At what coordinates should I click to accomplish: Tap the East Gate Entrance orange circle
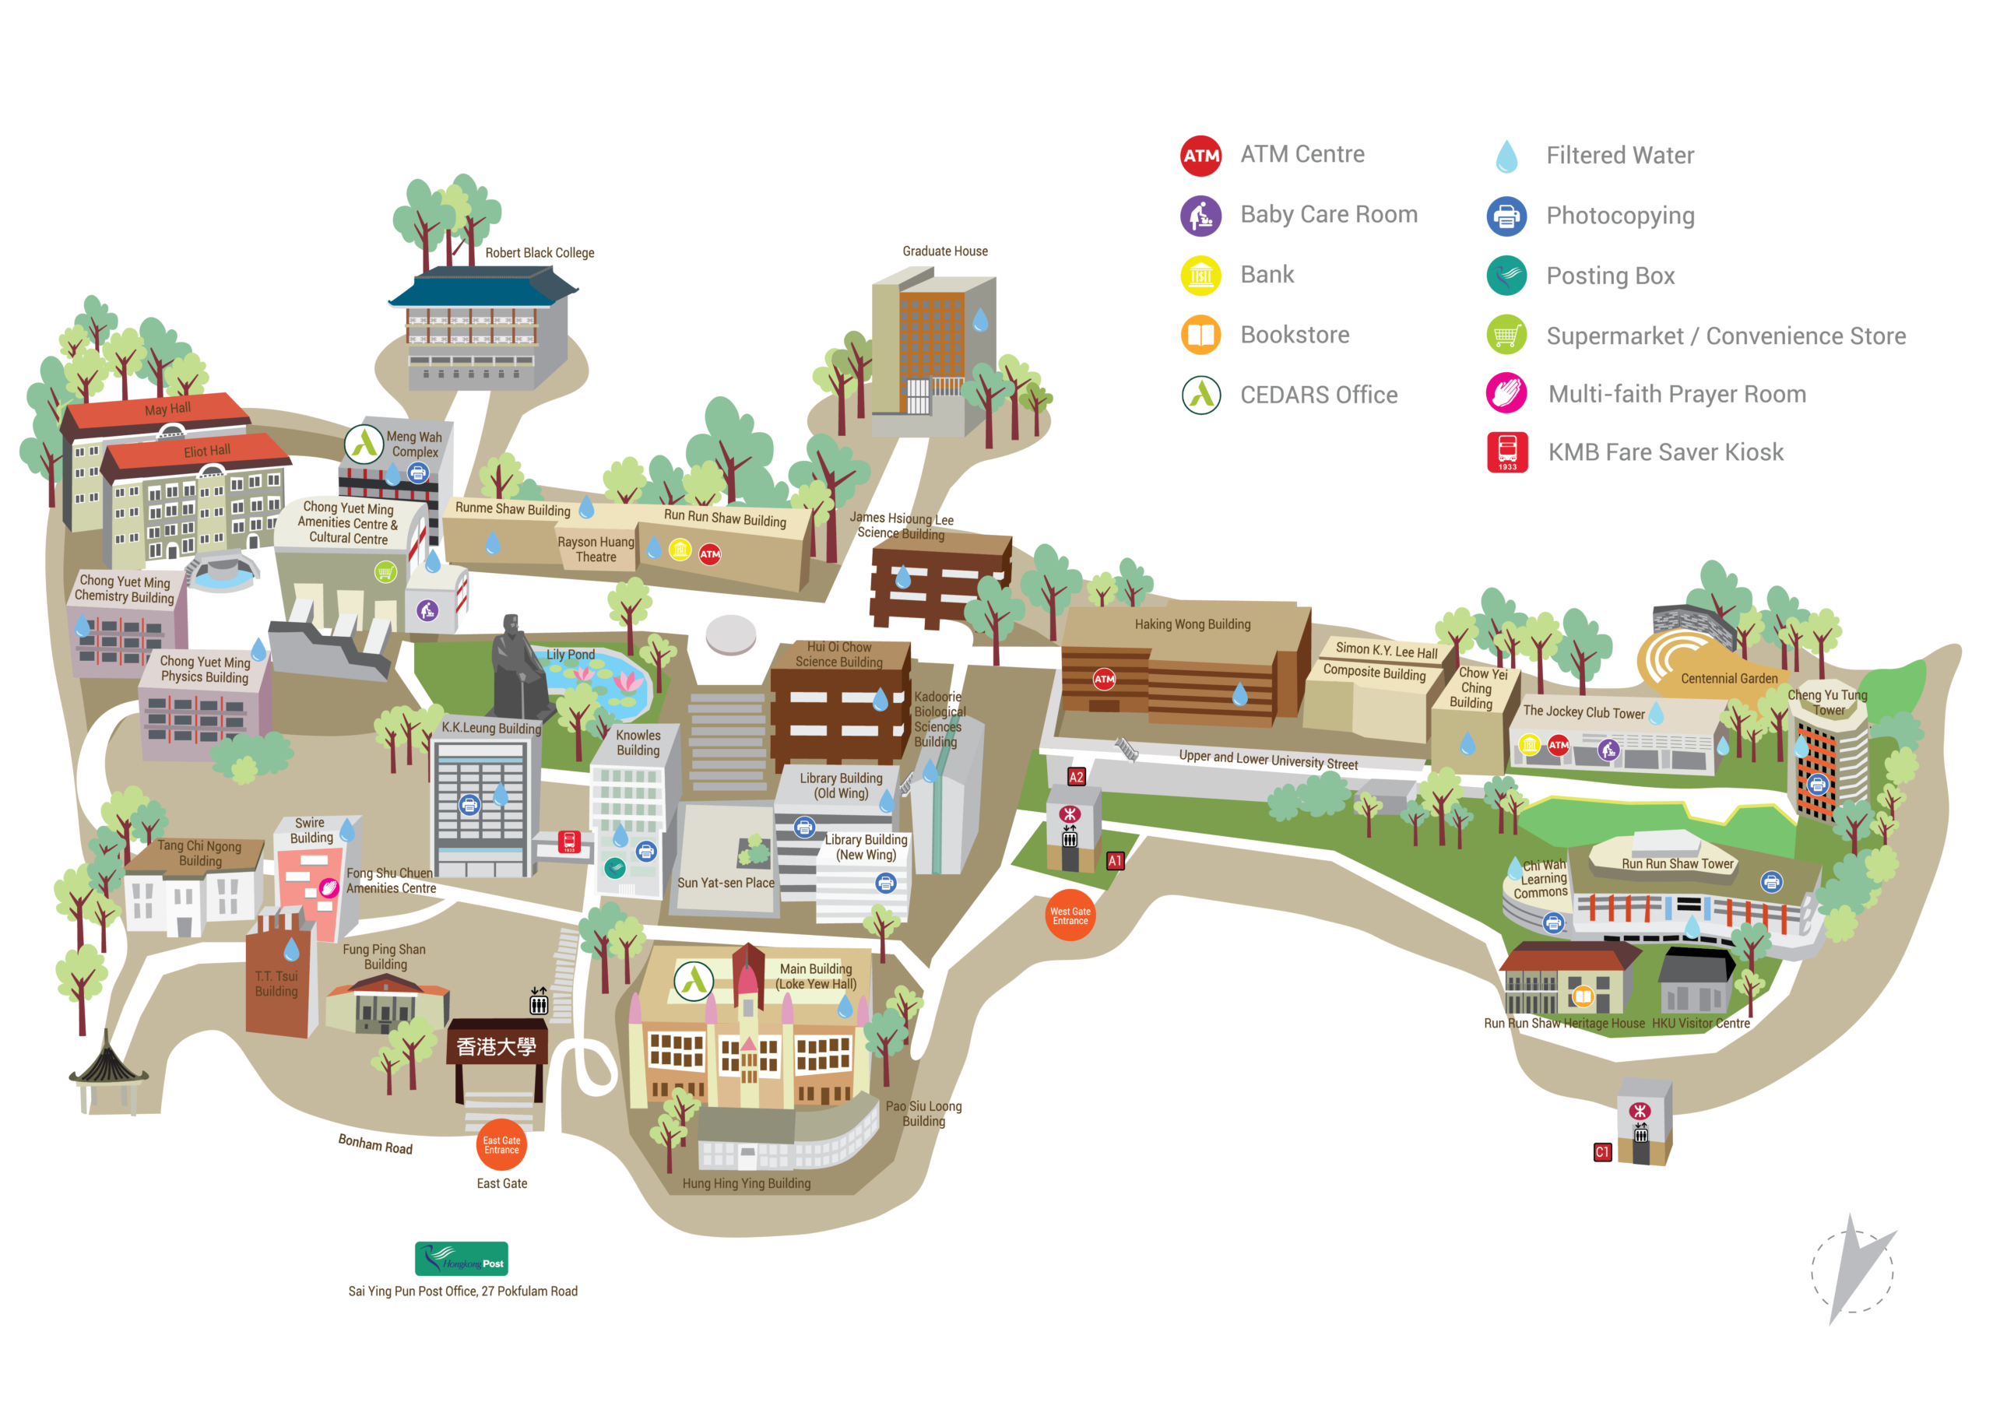[501, 1145]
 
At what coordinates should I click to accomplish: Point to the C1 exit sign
[1602, 1152]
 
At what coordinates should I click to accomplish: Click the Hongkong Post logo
[461, 1258]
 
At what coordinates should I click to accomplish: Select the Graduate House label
[944, 251]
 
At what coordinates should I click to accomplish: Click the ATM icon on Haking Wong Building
[1103, 679]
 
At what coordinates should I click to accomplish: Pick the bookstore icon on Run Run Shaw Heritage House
[1583, 996]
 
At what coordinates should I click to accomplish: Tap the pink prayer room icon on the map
[328, 887]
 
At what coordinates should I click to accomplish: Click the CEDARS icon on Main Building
[694, 980]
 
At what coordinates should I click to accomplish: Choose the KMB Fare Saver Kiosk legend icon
[1507, 452]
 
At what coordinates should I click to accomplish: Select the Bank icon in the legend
[1200, 276]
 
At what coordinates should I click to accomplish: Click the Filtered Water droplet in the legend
[1507, 156]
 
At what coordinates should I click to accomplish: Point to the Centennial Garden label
[1729, 678]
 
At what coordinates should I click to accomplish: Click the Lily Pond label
[571, 655]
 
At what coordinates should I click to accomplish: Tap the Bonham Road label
[375, 1144]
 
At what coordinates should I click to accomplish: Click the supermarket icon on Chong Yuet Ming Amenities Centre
[385, 571]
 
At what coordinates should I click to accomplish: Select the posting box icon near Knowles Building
[614, 867]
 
